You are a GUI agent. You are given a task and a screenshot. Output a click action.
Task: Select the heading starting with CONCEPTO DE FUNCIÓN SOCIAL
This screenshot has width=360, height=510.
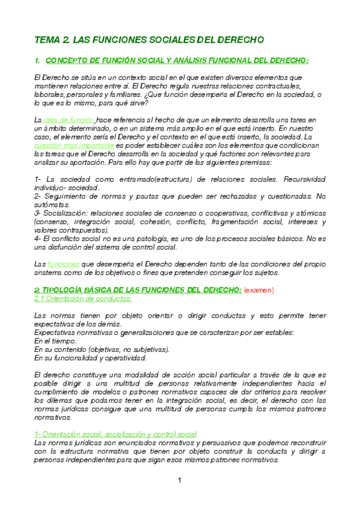point(177,60)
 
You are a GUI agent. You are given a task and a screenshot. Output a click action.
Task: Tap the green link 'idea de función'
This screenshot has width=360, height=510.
point(69,120)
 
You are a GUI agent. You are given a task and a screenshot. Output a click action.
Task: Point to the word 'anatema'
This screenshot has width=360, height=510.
point(50,272)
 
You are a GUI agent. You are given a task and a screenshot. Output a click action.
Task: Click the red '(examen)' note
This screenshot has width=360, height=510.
point(259,289)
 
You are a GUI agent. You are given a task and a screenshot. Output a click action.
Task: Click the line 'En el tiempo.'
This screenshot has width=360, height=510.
point(55,340)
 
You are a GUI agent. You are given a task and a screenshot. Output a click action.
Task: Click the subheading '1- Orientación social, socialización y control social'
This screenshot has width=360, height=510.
point(115,434)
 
